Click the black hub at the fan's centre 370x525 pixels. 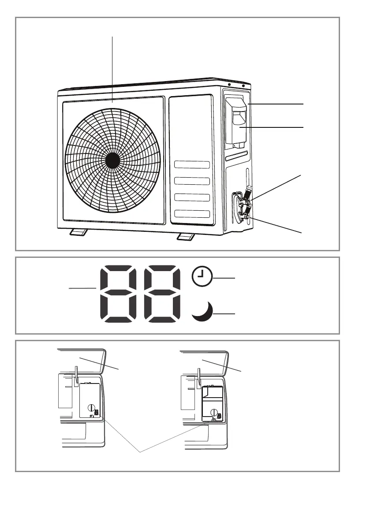pos(112,160)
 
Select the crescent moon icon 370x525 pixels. pos(203,311)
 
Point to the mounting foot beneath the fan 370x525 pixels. pos(78,232)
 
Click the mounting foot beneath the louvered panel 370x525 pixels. pos(185,237)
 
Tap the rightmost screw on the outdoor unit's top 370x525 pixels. pos(243,86)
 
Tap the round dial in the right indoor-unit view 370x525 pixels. pos(214,413)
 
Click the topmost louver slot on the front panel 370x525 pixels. pos(192,165)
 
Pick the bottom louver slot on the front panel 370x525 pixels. pos(192,214)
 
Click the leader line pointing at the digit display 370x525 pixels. pos(82,288)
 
